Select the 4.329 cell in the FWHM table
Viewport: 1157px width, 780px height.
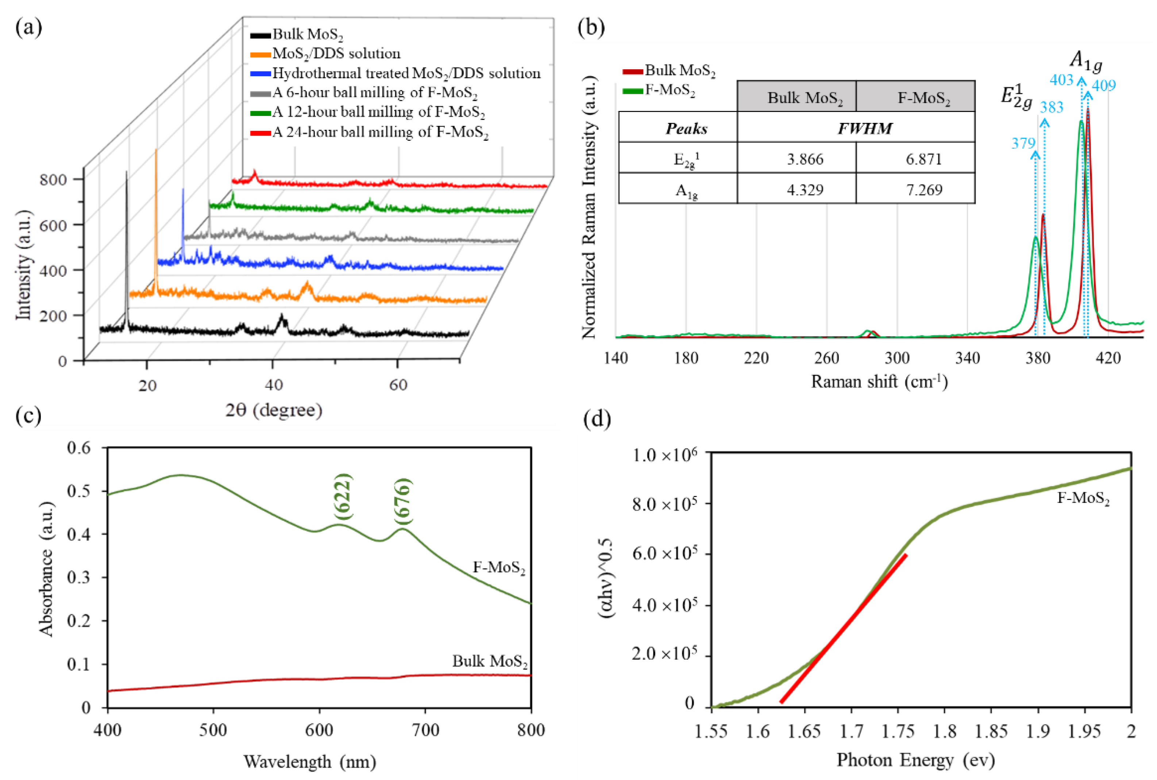click(x=805, y=190)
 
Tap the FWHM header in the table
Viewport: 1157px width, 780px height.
click(x=864, y=128)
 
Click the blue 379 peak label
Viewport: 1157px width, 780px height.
click(x=1023, y=144)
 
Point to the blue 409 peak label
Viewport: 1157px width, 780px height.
click(x=1104, y=86)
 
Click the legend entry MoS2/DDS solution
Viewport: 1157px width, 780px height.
click(x=336, y=53)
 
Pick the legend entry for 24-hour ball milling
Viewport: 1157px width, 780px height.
click(x=380, y=132)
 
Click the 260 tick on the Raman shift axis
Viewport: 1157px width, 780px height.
click(x=826, y=358)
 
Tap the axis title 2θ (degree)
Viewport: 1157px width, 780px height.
click(x=274, y=410)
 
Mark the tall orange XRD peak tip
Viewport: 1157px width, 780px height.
click(x=156, y=150)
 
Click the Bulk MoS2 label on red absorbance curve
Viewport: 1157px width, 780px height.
click(x=490, y=661)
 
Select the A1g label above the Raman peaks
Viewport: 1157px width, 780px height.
click(x=1086, y=62)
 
